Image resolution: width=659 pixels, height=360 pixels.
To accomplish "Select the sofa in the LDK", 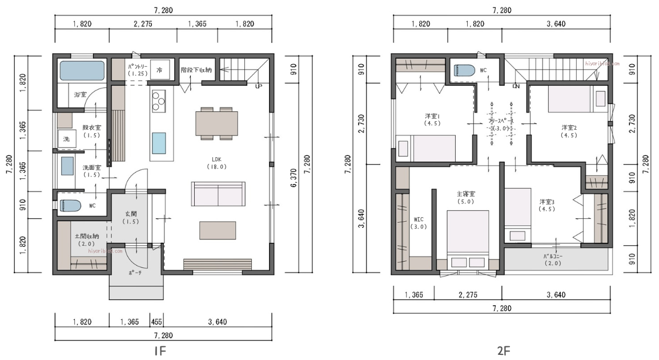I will click(218, 194).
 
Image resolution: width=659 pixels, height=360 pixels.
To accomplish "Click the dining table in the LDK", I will click(217, 122).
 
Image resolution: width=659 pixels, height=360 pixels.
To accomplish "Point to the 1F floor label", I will click(161, 350).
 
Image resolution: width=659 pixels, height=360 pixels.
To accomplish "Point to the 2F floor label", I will click(503, 350).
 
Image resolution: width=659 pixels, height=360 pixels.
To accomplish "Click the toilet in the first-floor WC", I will click(70, 205).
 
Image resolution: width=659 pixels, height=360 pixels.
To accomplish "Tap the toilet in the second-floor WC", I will click(464, 70).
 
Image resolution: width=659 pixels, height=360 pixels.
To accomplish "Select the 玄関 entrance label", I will click(131, 217).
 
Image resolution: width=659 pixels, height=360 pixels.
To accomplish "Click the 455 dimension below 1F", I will click(156, 322).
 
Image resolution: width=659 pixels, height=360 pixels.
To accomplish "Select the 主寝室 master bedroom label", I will click(465, 197).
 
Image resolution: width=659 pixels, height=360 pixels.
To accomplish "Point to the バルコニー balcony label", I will click(552, 259).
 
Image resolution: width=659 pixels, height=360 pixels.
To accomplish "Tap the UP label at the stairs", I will click(259, 86).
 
